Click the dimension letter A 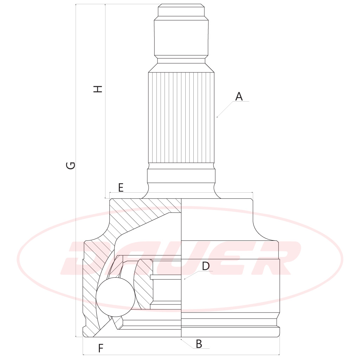[239, 96]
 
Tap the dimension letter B [199, 344]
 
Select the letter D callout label [206, 266]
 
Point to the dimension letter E [121, 188]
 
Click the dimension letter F [101, 348]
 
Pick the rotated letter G [70, 165]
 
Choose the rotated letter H [98, 89]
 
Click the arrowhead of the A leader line [217, 117]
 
